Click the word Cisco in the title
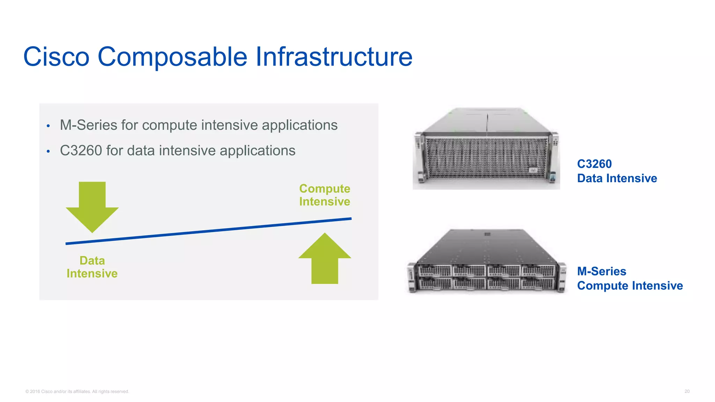tap(56, 57)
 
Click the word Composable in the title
tap(172, 57)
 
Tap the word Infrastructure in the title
tap(334, 57)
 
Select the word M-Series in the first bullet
tap(88, 125)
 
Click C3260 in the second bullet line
tap(81, 151)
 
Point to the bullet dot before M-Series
tap(48, 126)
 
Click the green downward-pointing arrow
tap(92, 206)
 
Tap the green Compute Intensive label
tap(325, 195)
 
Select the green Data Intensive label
tap(92, 267)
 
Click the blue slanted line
tap(208, 231)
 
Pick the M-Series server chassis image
tap(486, 262)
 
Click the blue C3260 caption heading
tap(594, 164)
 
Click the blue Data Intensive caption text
tap(617, 178)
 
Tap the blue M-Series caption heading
tap(602, 271)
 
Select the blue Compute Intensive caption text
tap(630, 286)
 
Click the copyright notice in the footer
tap(77, 392)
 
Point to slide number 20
tap(687, 392)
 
